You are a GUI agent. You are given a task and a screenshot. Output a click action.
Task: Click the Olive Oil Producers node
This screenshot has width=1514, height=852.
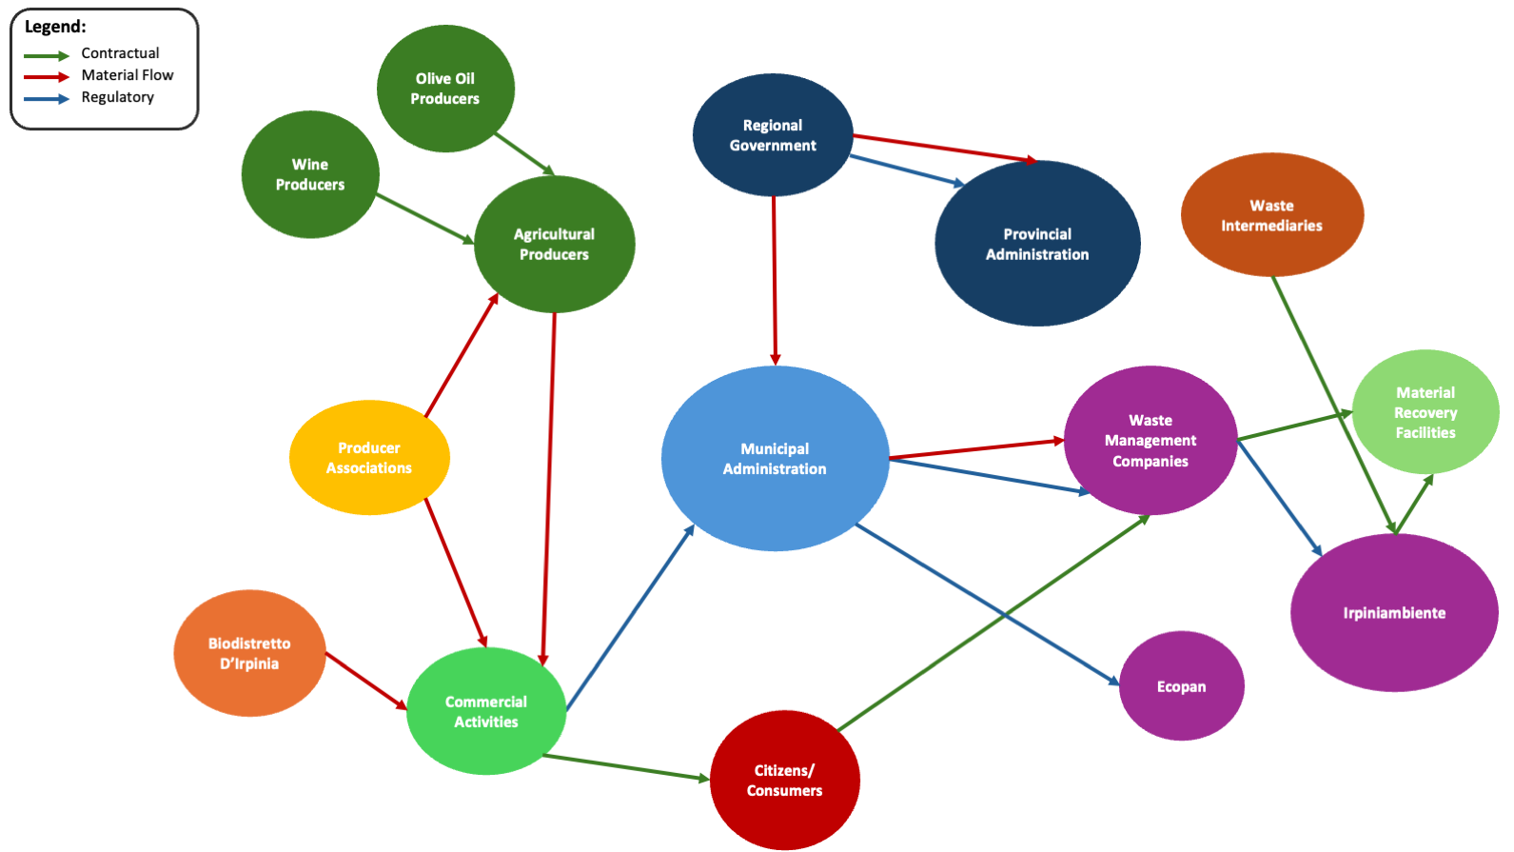pyautogui.click(x=445, y=89)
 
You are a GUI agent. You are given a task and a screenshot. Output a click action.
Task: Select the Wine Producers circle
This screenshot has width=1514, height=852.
pyautogui.click(x=310, y=174)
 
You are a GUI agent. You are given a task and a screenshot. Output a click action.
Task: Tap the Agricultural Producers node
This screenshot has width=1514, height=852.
pyautogui.click(x=554, y=244)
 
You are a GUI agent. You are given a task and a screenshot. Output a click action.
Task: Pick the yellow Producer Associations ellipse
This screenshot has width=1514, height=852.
pyautogui.click(x=369, y=458)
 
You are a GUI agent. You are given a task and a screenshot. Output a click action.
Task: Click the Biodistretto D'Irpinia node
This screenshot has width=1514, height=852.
pyautogui.click(x=249, y=653)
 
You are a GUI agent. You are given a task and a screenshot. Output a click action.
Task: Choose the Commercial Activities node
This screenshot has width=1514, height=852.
pyautogui.click(x=485, y=711)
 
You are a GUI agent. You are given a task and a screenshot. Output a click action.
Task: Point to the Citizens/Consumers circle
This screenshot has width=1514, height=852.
pyautogui.click(x=784, y=780)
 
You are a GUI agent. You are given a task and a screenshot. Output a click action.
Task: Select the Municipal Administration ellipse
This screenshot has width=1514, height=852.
pyautogui.click(x=775, y=458)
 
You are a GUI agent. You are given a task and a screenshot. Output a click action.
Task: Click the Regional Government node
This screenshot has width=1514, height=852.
pyautogui.click(x=772, y=135)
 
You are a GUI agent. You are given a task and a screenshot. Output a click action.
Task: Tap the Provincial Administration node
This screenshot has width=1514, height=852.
pyautogui.click(x=1036, y=244)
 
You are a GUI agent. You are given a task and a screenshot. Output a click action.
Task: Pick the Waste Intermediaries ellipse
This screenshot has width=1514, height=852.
pyautogui.click(x=1271, y=215)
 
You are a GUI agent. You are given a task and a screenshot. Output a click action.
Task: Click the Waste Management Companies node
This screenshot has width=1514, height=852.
pyautogui.click(x=1150, y=440)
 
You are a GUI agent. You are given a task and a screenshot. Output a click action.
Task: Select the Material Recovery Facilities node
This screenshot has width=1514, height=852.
pyautogui.click(x=1425, y=412)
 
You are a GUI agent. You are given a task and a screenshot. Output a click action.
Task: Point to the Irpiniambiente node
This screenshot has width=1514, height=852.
pyautogui.click(x=1393, y=613)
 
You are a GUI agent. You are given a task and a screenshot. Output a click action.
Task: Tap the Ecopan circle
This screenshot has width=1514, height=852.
pyautogui.click(x=1181, y=686)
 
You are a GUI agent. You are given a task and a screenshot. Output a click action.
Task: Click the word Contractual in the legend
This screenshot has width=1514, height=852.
pyautogui.click(x=120, y=53)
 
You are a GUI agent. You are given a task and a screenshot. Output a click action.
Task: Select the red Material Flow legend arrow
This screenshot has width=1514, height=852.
pyautogui.click(x=47, y=76)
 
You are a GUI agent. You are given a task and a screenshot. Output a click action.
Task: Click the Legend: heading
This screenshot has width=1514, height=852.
pyautogui.click(x=55, y=27)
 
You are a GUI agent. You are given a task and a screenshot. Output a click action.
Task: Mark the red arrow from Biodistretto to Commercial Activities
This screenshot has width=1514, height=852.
pyautogui.click(x=366, y=681)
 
